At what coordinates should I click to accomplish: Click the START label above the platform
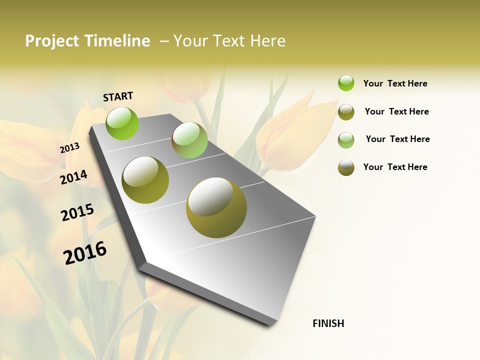(118, 96)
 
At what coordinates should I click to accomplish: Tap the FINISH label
(328, 323)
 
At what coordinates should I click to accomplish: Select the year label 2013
(70, 147)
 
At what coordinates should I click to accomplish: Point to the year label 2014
(73, 177)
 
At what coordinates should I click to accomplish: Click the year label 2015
(77, 212)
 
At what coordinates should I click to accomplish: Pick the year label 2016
(85, 252)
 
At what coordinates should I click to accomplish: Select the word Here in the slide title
(267, 41)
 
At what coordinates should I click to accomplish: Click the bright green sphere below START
(122, 123)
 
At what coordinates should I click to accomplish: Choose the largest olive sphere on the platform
(216, 207)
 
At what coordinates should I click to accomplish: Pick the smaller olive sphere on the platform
(145, 180)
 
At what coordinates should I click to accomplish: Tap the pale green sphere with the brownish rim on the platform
(189, 140)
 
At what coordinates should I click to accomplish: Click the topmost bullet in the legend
(346, 83)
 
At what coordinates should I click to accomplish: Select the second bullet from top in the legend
(346, 112)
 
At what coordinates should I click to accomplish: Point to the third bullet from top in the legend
(346, 140)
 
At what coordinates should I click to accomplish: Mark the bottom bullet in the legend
(346, 167)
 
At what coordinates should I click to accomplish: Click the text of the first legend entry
(395, 83)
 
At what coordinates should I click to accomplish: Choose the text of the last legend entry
(395, 167)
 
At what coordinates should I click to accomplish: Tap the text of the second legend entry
(396, 111)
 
